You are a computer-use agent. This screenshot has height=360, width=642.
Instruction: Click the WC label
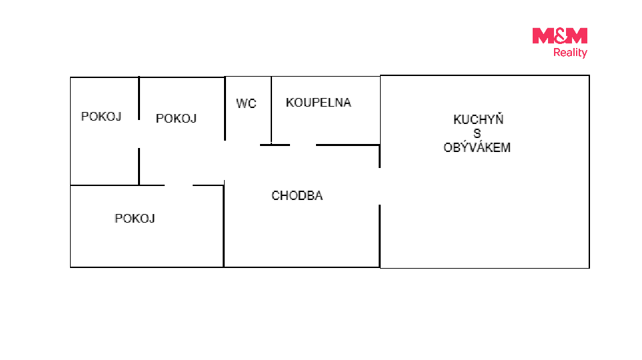tap(246, 103)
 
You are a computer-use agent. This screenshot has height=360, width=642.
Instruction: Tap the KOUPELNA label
tap(319, 103)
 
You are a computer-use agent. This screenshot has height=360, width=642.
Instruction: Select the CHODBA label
tap(297, 195)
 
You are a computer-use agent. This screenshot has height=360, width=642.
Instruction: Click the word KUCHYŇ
tap(478, 119)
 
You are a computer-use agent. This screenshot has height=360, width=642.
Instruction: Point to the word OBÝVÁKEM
tap(477, 147)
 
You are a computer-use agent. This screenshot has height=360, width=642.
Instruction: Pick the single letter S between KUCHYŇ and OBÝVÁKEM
tap(477, 133)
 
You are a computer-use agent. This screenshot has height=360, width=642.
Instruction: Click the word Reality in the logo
tap(571, 53)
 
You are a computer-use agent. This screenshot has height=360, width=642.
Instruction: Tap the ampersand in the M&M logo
tap(560, 35)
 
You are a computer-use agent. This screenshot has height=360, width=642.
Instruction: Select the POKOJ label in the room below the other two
tap(135, 218)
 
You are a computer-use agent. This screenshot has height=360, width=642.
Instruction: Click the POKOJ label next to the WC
tap(176, 119)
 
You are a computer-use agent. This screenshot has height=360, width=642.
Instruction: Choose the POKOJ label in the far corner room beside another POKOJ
tap(101, 116)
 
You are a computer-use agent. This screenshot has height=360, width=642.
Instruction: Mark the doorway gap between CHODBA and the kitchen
tap(379, 187)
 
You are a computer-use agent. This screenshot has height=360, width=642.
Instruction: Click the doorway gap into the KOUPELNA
tap(303, 145)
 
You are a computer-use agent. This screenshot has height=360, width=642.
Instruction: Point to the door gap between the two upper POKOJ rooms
tap(139, 134)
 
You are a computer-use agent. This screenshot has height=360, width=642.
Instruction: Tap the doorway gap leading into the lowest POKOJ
tap(179, 185)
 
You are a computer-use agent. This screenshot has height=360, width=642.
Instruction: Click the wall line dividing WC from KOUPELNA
tap(271, 110)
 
